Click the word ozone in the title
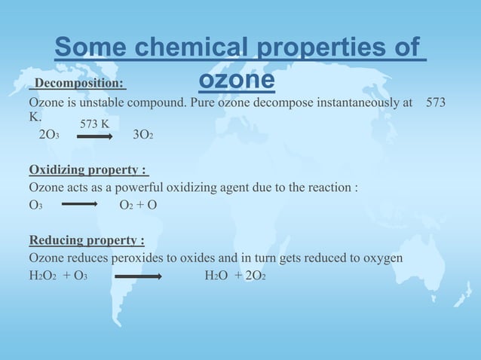pos(237,81)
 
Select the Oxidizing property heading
pos(88,169)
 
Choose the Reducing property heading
pos(87,240)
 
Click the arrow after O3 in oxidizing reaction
pos(80,204)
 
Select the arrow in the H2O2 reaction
pos(138,276)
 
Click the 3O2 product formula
pos(143,136)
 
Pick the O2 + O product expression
pos(138,205)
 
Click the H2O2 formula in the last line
pos(43,276)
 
